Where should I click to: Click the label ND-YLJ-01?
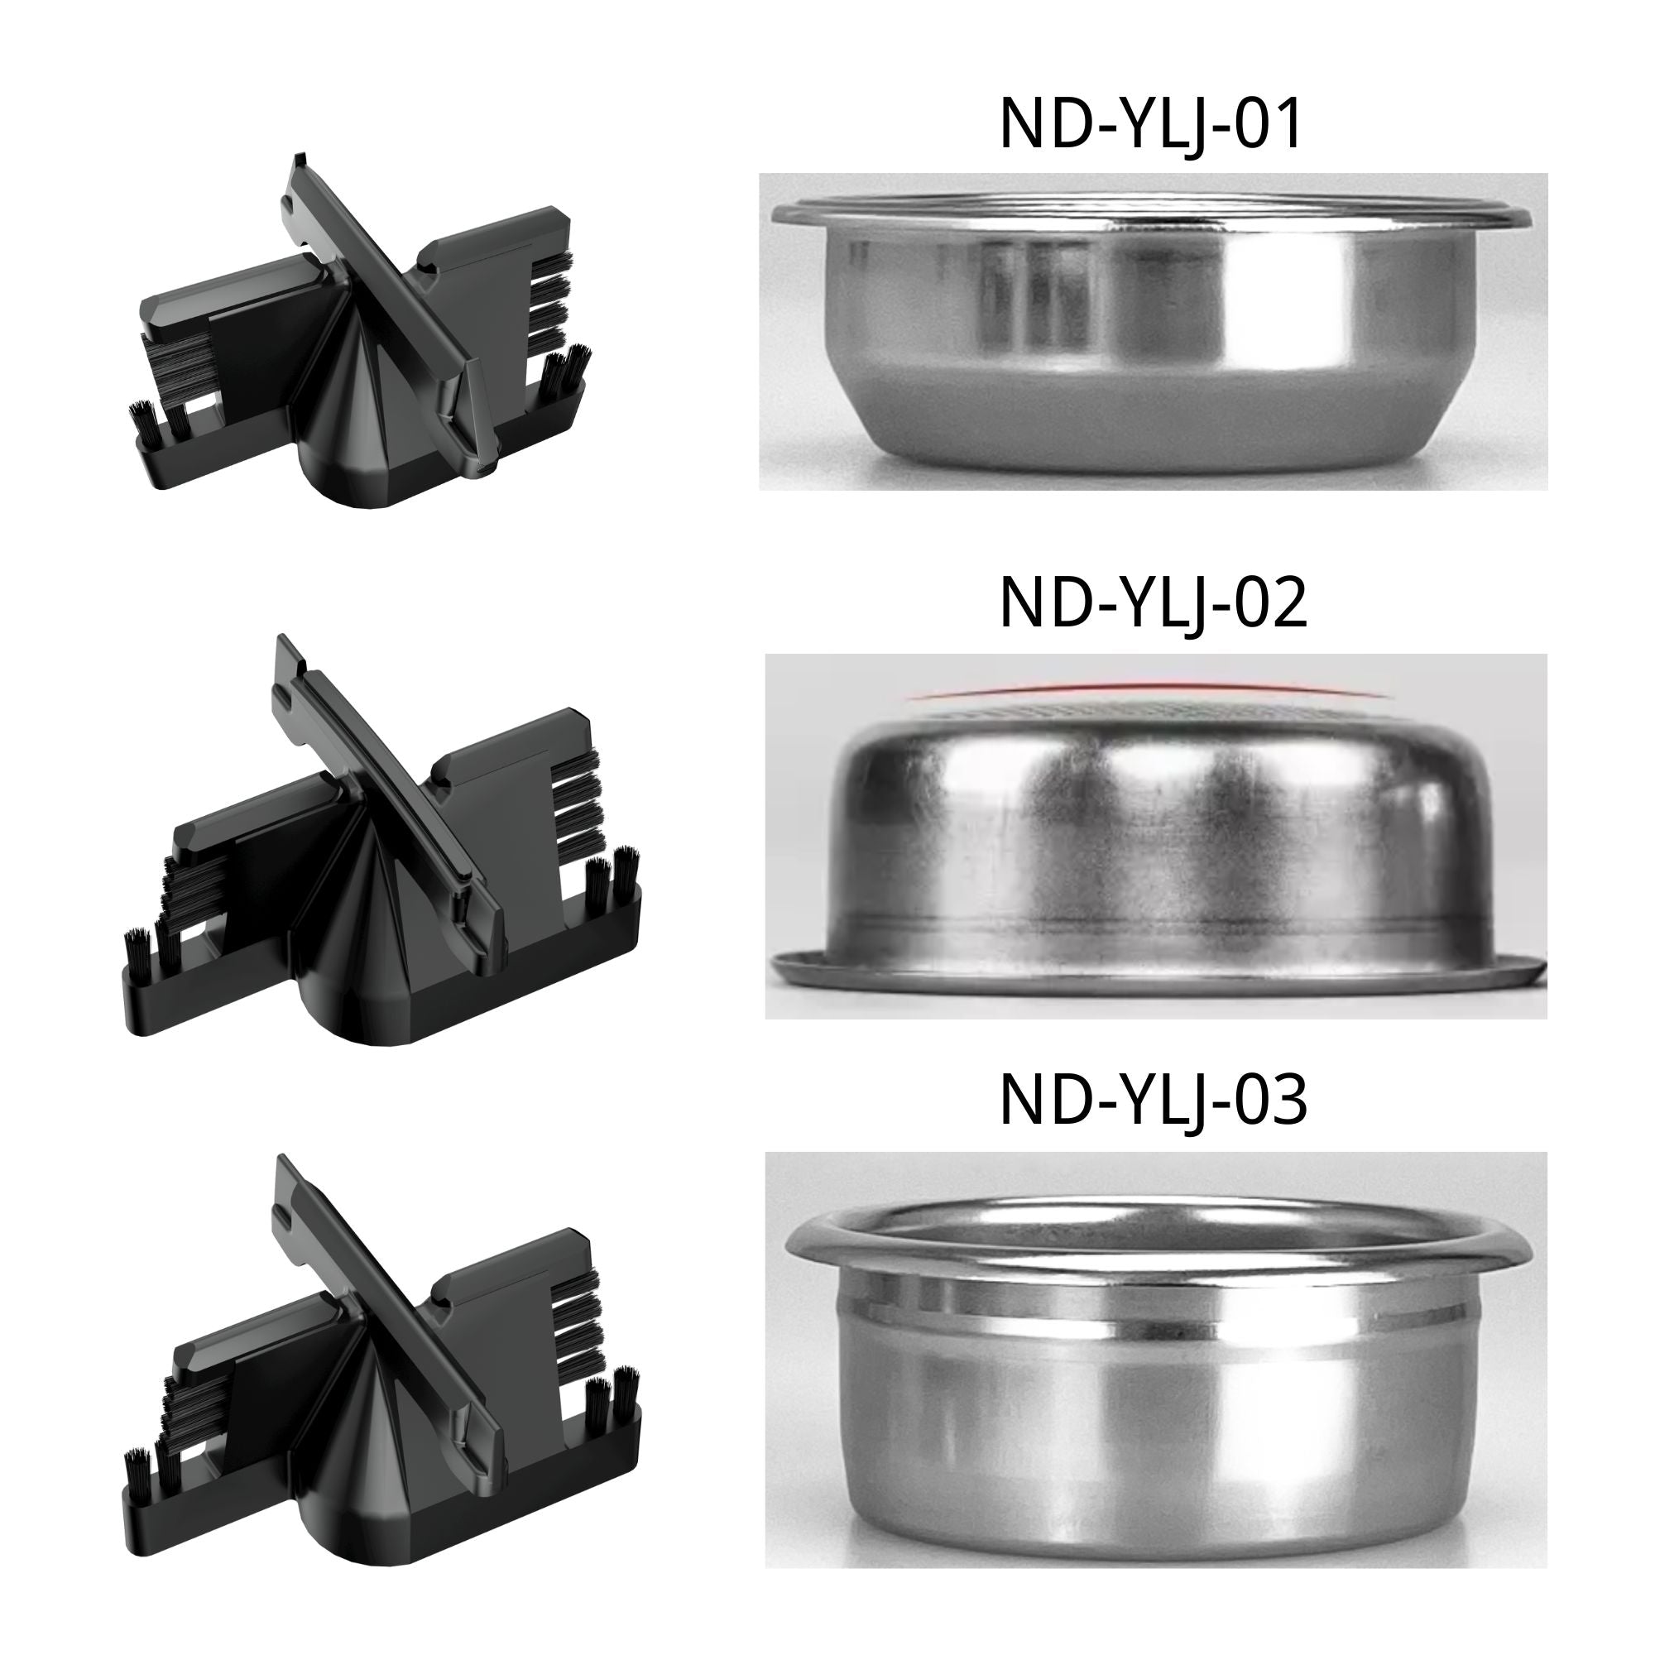point(1150,125)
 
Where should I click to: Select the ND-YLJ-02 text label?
point(1153,605)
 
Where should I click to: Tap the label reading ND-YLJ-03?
point(1153,1101)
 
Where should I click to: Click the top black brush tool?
point(360,334)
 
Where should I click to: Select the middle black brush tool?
point(377,848)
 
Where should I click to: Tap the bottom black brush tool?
point(377,1362)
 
